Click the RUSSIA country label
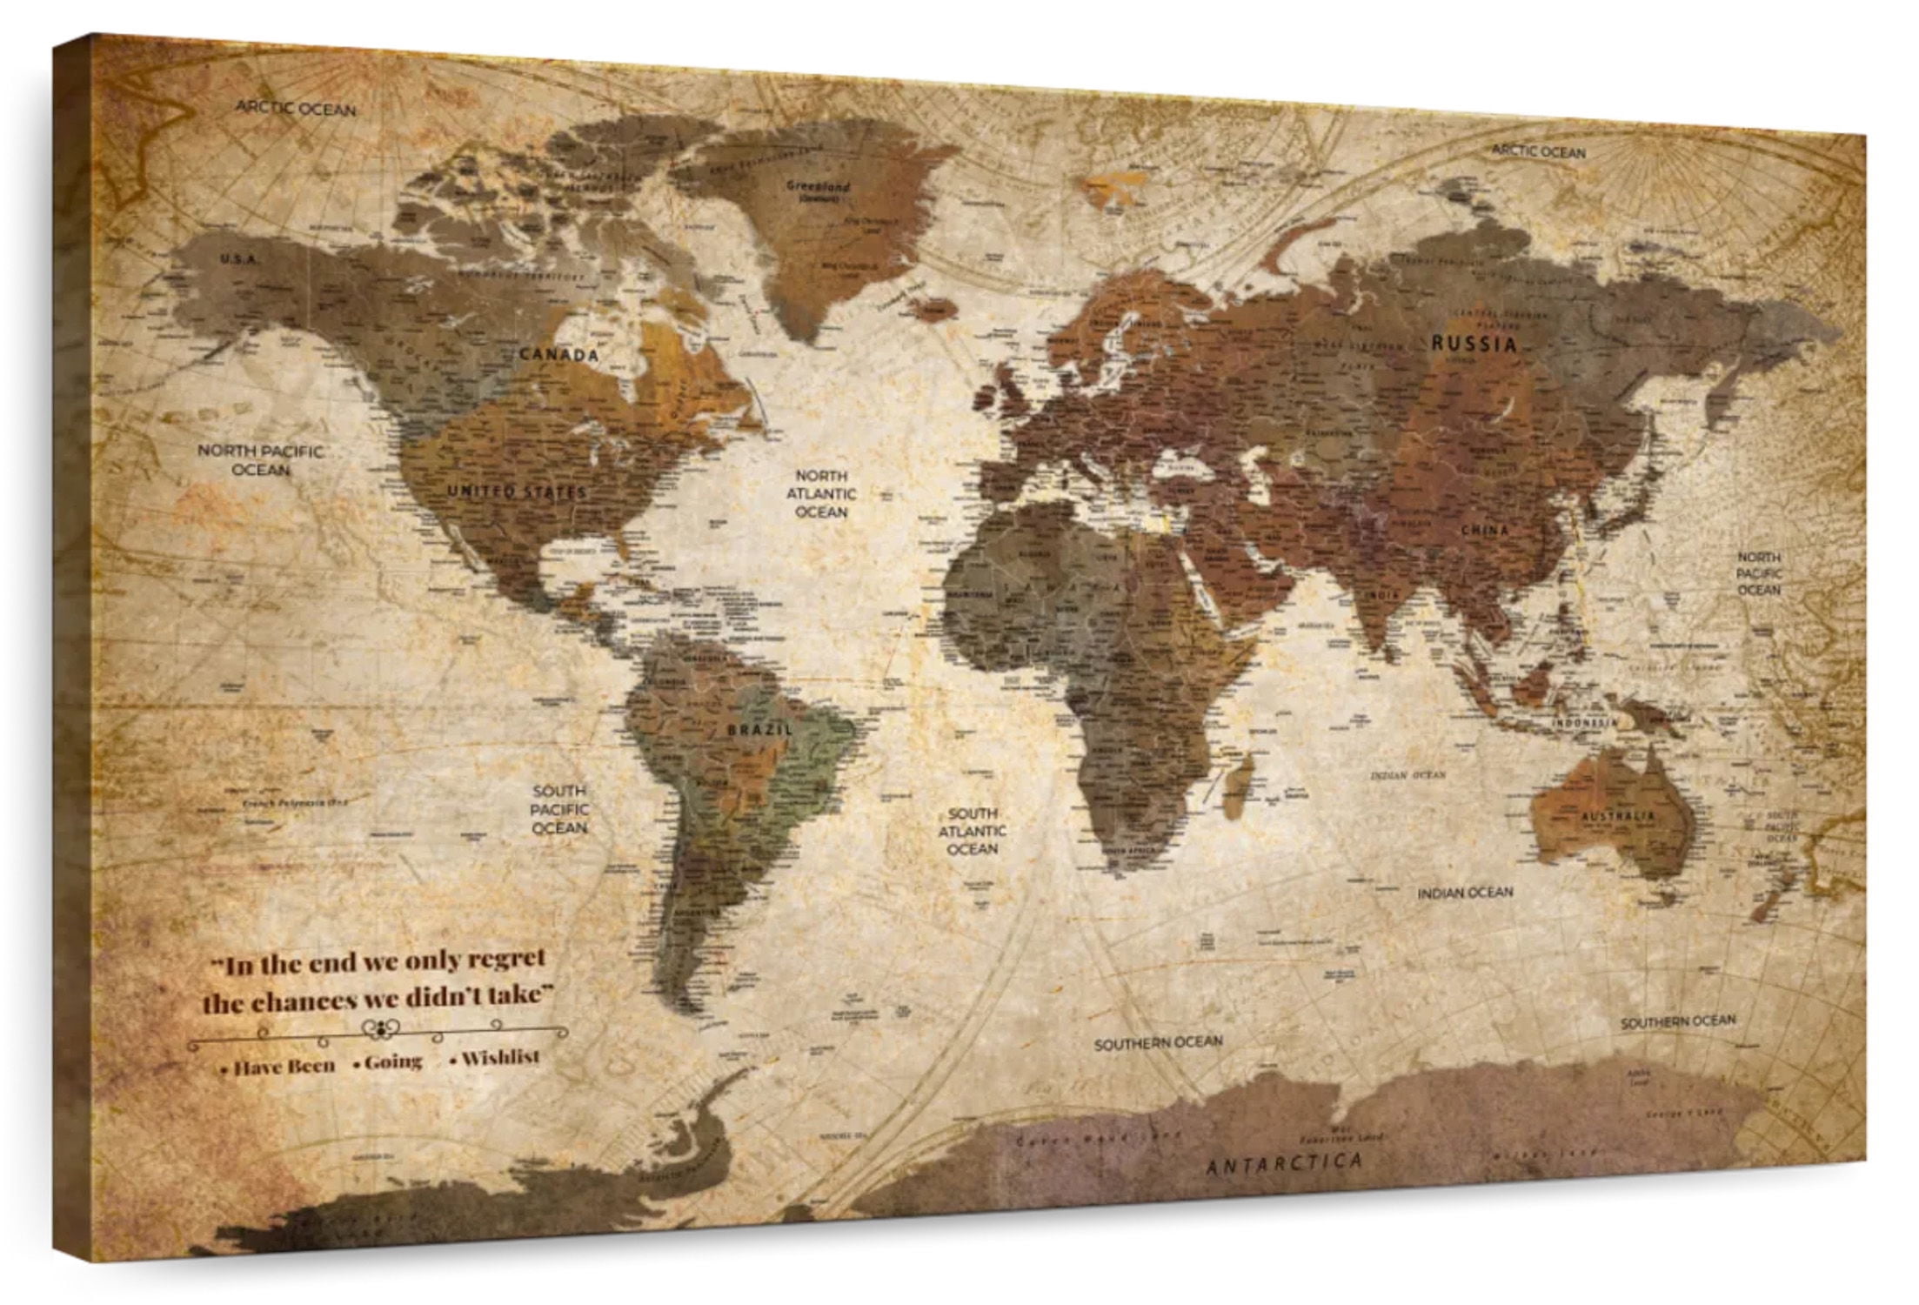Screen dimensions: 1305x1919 click(x=1474, y=344)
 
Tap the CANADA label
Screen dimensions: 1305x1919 click(x=559, y=355)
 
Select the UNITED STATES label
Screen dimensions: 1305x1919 click(x=517, y=492)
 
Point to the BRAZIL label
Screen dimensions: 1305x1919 click(x=759, y=729)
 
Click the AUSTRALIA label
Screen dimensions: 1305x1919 click(x=1617, y=817)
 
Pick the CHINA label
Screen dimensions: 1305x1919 click(x=1484, y=530)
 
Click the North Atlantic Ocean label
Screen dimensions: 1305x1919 click(x=821, y=494)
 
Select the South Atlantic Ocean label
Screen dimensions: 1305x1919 click(x=972, y=831)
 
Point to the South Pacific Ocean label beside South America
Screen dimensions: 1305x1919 click(x=559, y=809)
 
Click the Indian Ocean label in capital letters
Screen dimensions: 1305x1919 click(x=1465, y=893)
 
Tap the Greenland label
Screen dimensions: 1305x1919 click(x=818, y=186)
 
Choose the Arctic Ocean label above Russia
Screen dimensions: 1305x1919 click(x=1539, y=152)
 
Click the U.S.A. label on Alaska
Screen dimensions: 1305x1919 click(x=237, y=259)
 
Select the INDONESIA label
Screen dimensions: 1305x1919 click(x=1586, y=747)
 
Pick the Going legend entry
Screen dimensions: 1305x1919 click(x=392, y=1062)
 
